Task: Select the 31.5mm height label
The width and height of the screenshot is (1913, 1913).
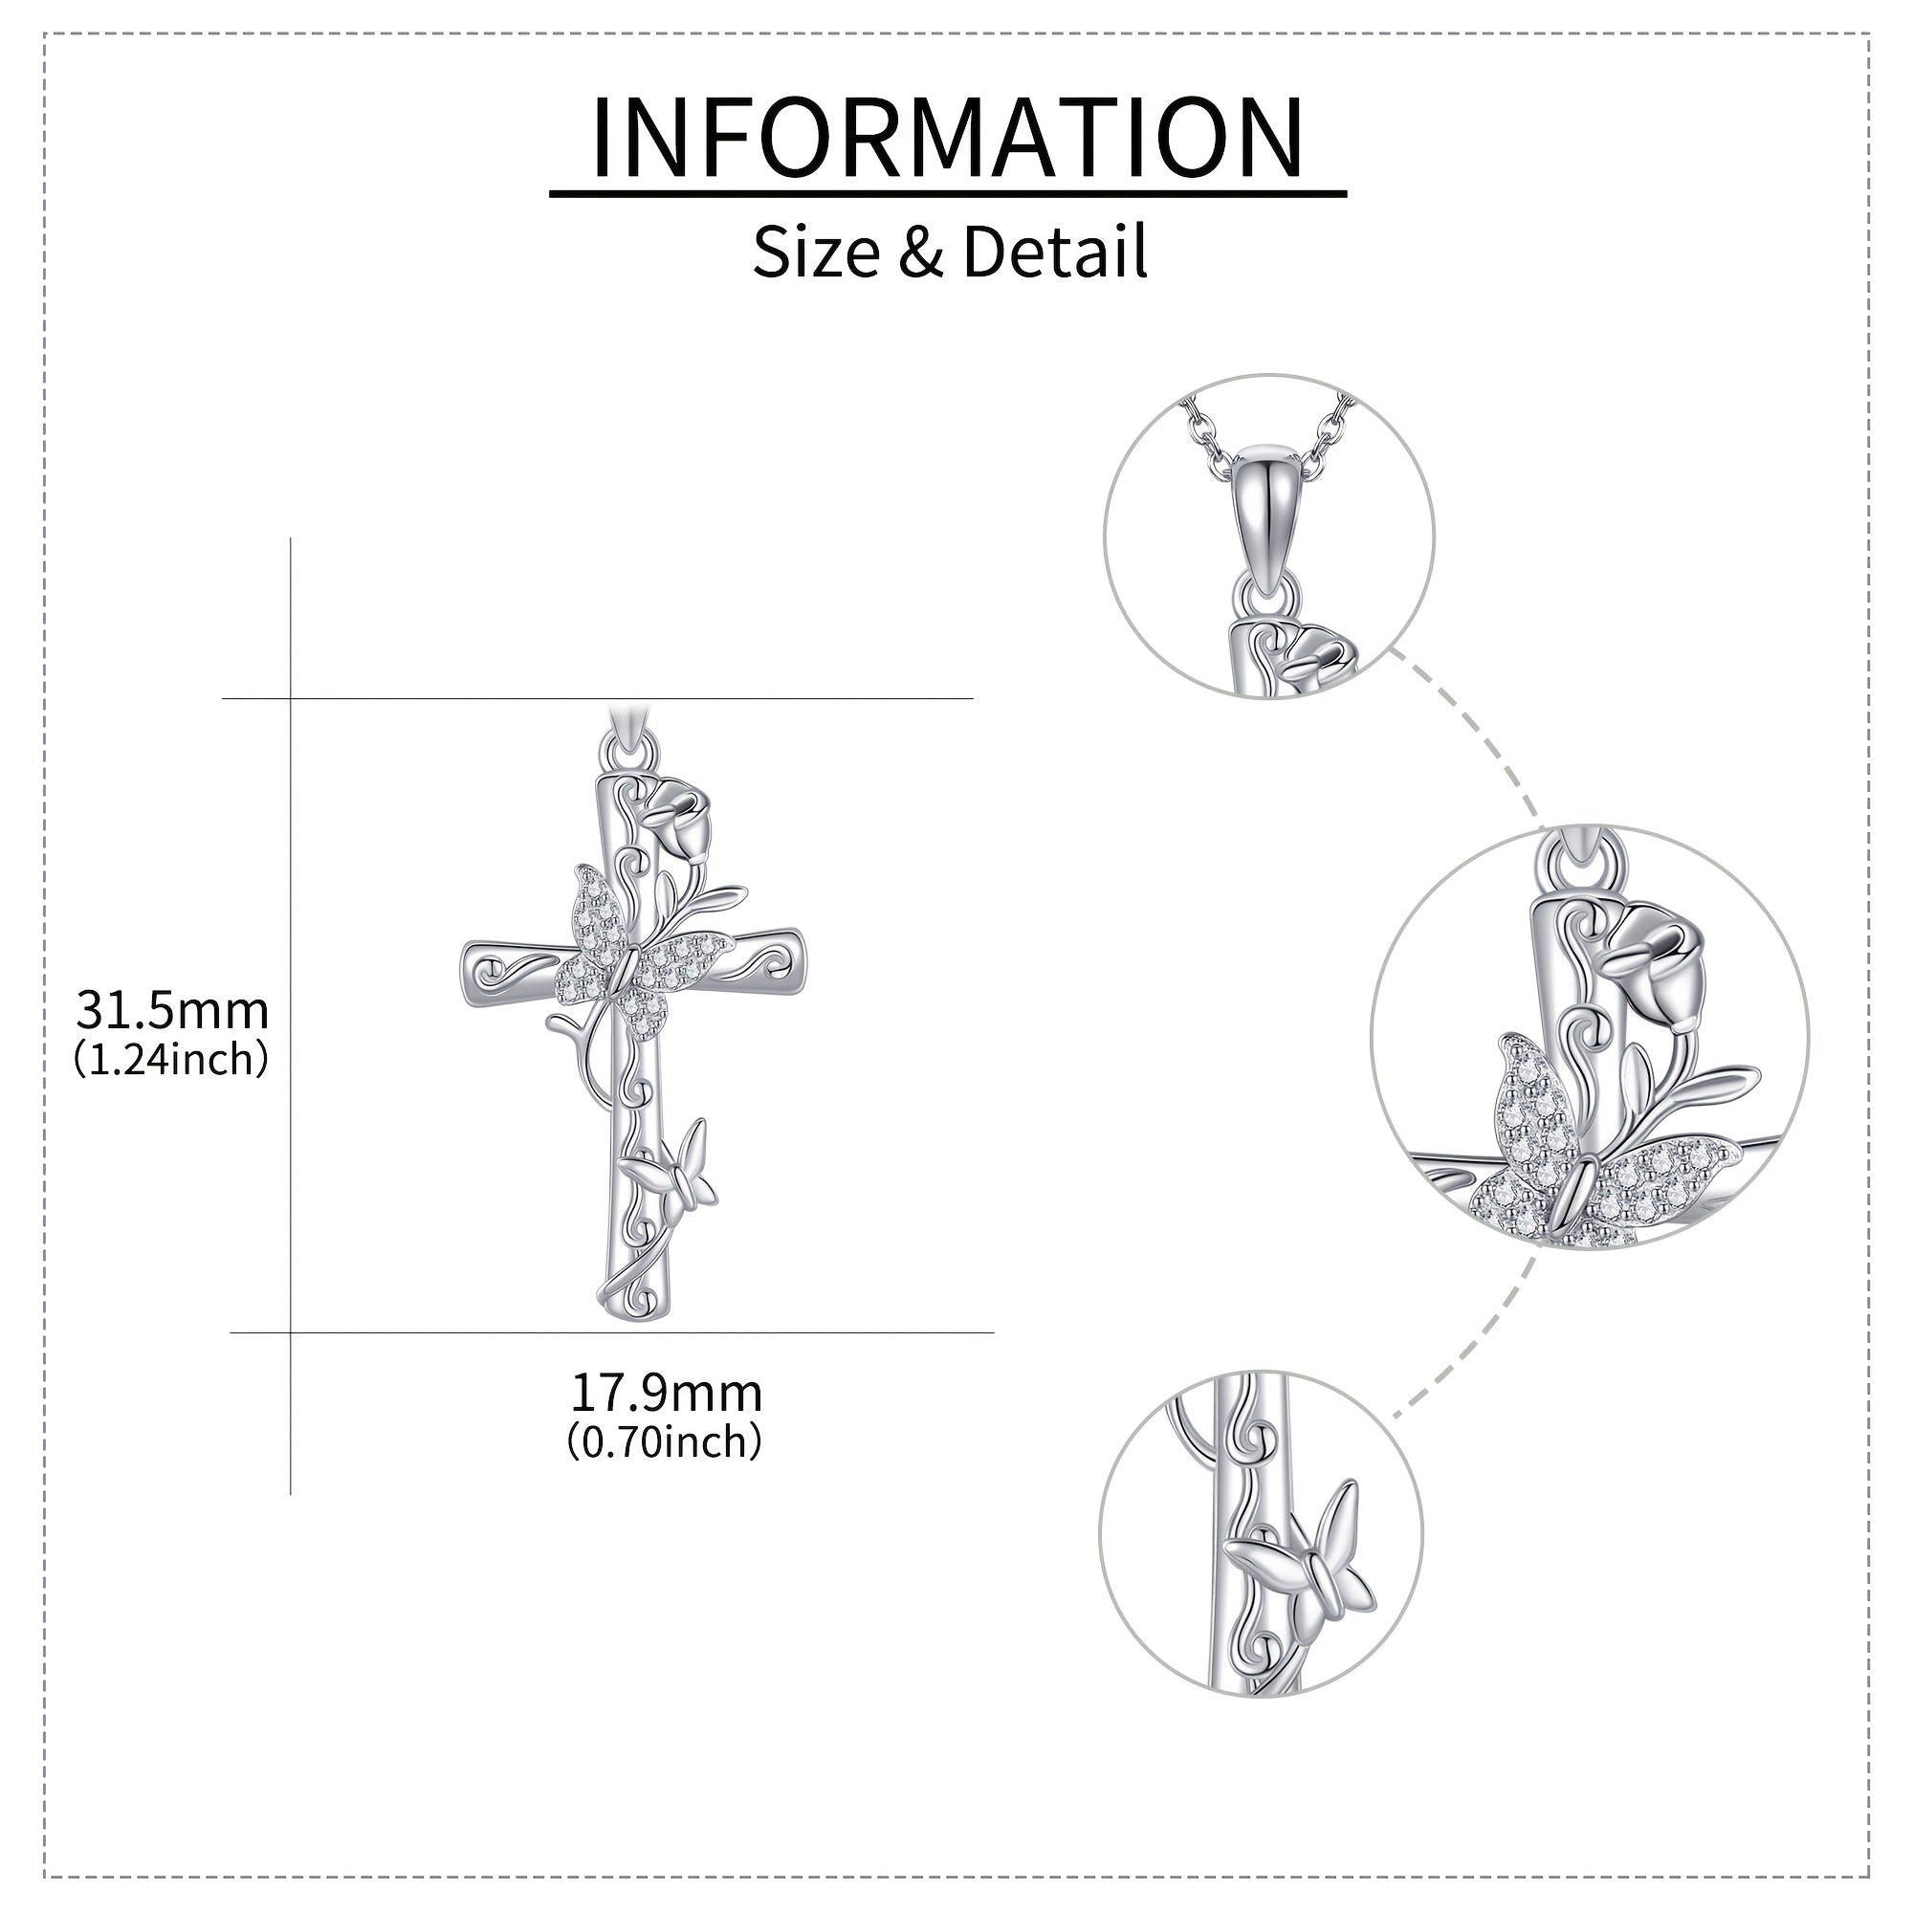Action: (x=173, y=1011)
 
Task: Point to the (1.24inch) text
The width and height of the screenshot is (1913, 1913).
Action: (x=171, y=1061)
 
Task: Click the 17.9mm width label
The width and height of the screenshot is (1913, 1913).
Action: (x=667, y=1395)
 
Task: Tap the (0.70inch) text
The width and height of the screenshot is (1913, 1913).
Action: (x=666, y=1443)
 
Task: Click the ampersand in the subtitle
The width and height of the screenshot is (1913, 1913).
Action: (x=921, y=253)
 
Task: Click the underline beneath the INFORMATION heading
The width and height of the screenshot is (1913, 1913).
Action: (x=948, y=194)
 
